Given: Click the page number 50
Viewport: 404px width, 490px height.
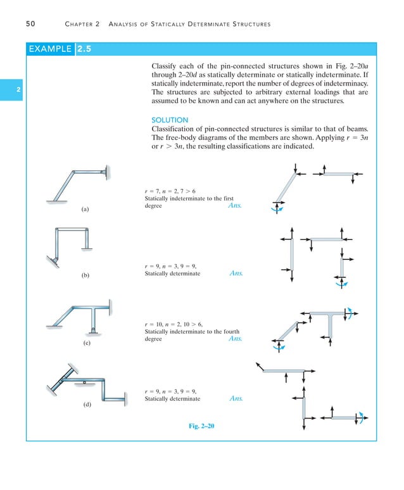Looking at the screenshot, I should point(30,24).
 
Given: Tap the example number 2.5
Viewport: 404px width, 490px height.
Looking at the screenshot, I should point(85,48).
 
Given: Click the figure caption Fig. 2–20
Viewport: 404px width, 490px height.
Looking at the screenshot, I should point(201,426).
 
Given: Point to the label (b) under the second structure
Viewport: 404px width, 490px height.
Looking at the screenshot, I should point(85,275).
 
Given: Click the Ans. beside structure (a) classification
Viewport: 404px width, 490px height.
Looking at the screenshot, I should point(235,206).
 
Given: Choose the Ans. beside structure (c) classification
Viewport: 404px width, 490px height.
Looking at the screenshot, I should point(235,339).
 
